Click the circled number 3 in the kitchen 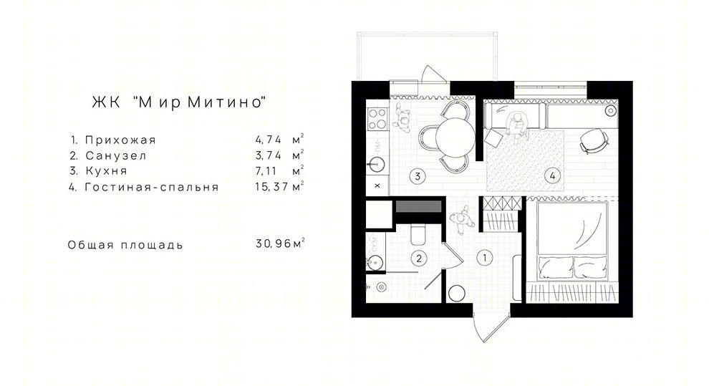pos(418,176)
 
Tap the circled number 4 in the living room pos(552,175)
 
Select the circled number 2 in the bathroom pos(419,259)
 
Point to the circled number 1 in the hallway pos(485,258)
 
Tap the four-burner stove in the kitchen pos(377,119)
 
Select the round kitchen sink pos(376,163)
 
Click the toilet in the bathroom pos(418,234)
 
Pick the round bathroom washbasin pos(375,262)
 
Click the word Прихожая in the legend pos(120,140)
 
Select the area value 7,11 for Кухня pos(266,171)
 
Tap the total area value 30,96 pos(274,243)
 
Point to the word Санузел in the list pos(116,156)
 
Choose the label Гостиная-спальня pos(152,187)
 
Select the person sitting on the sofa pos(516,127)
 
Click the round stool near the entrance pos(457,294)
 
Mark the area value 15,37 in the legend pos(271,186)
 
